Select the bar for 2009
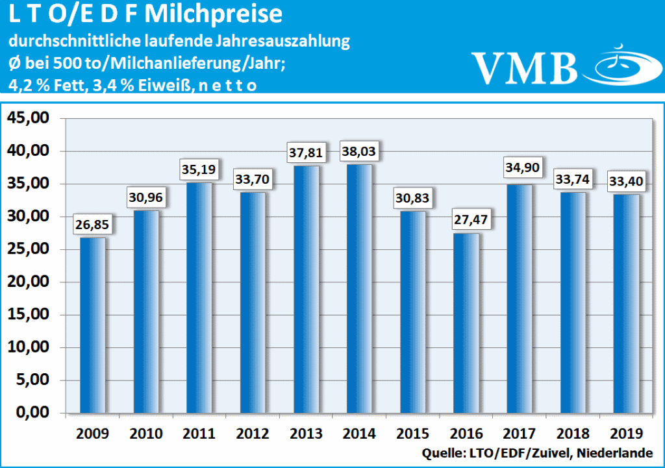point(93,325)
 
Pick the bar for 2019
point(625,304)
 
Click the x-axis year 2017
point(519,433)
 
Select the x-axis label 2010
point(146,433)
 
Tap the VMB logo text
point(525,67)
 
